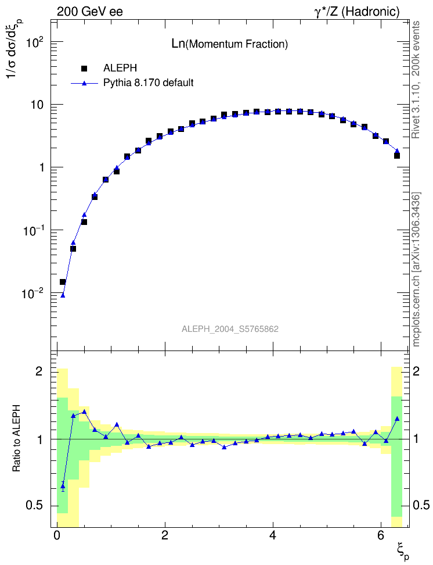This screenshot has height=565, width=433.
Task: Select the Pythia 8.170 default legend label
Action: coord(148,83)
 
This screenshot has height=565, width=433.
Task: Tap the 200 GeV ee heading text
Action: coord(90,11)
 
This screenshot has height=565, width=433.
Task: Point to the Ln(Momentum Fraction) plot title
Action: coord(229,44)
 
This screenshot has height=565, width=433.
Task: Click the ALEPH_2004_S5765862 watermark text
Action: coord(230,329)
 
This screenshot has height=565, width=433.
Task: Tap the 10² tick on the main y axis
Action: coord(33,42)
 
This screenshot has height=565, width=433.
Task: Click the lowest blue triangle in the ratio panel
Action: coord(63,486)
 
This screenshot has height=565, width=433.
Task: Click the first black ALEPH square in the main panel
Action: coord(63,282)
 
